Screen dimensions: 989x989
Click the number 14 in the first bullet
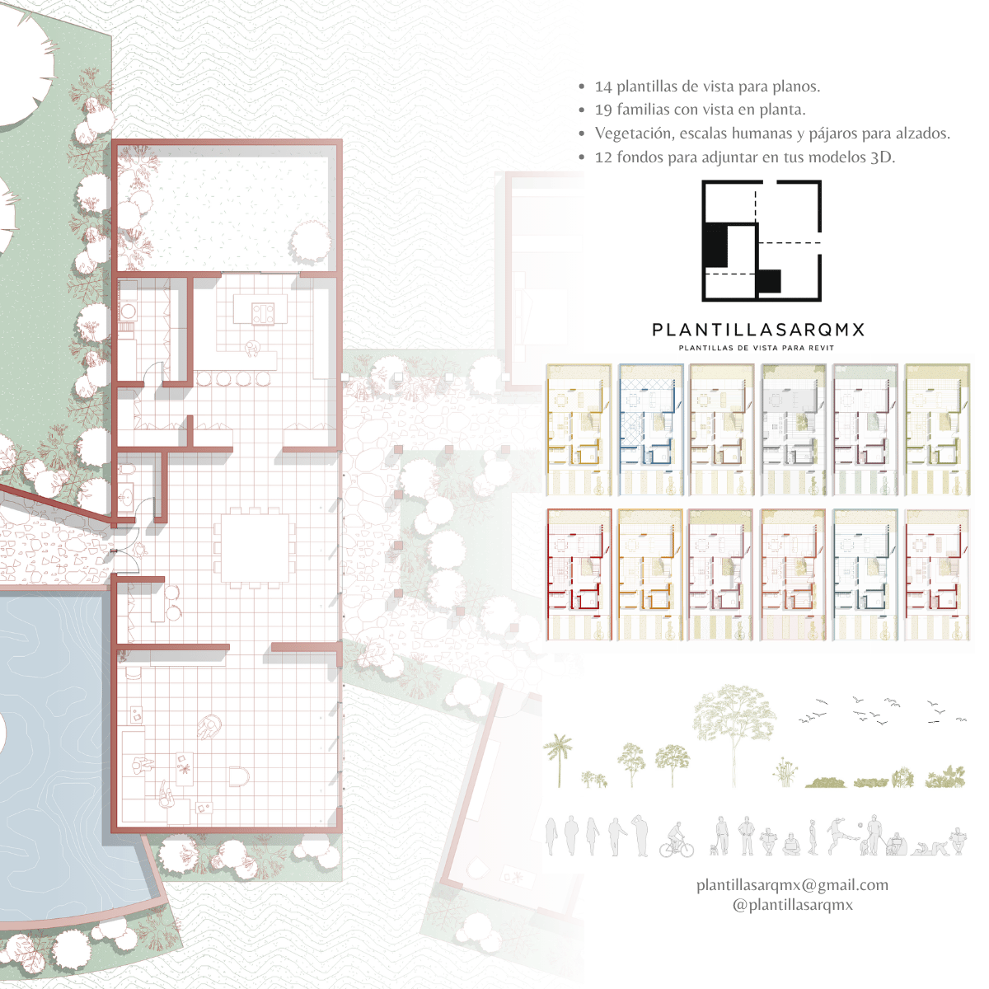[603, 87]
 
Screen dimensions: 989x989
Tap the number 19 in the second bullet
[603, 110]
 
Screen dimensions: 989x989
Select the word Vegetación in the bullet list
[634, 134]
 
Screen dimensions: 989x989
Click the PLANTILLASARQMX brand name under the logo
[758, 330]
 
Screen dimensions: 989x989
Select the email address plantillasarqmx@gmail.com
[792, 885]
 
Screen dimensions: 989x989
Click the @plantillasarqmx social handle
[792, 904]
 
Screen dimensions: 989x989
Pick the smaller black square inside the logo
[769, 281]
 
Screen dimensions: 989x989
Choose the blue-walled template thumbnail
[651, 429]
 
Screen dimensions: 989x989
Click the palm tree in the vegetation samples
[558, 760]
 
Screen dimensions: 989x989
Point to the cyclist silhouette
[677, 840]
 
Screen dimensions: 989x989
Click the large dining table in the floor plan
[255, 547]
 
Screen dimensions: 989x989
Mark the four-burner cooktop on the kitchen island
[263, 313]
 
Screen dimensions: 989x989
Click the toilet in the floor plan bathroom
[127, 470]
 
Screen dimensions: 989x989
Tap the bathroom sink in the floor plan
[126, 497]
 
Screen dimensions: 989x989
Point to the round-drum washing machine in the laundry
[128, 310]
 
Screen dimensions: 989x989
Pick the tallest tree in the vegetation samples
[734, 735]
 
